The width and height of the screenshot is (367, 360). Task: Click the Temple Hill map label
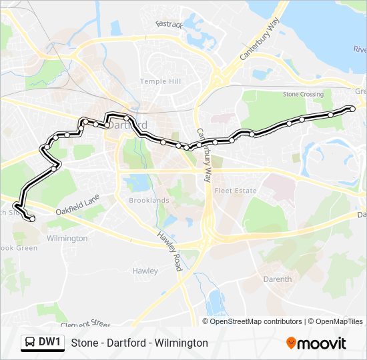(159, 81)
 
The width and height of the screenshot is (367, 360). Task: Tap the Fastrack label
(169, 23)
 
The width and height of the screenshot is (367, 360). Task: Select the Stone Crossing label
(303, 95)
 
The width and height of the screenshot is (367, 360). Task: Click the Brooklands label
(149, 200)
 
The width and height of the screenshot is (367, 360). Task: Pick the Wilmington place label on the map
(67, 238)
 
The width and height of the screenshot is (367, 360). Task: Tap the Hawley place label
(145, 271)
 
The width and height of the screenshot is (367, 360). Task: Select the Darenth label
(278, 279)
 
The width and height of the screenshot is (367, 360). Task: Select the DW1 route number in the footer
(50, 343)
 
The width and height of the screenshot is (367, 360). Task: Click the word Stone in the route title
(83, 343)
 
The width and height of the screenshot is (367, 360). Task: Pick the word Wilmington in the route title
(183, 343)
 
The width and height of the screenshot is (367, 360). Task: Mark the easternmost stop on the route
(353, 109)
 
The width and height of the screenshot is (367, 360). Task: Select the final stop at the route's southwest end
(32, 219)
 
